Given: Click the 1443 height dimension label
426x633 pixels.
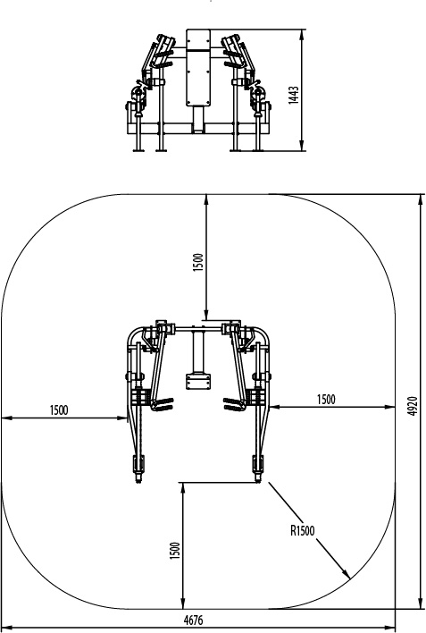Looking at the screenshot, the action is coord(293,96).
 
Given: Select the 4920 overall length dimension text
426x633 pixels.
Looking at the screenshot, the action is coord(412,406).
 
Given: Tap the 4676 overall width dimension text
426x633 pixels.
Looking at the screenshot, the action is coord(193,620).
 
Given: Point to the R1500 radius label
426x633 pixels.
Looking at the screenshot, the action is coord(302,530).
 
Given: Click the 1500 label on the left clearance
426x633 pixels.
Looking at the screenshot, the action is coord(59,410).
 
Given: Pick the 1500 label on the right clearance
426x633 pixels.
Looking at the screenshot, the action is coord(326,400).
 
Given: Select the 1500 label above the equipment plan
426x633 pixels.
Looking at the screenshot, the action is coord(197,262).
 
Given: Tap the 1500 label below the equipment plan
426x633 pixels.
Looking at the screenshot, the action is coord(174,551).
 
